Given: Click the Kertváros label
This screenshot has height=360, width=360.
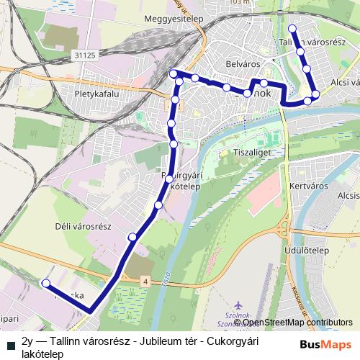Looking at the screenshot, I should coord(307,185).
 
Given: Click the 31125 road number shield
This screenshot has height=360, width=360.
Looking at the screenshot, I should coord(84,55).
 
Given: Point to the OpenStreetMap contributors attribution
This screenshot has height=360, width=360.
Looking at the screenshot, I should coord(293,323).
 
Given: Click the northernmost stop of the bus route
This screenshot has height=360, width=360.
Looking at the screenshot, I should coord(292,29).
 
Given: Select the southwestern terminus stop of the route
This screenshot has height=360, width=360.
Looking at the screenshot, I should coord(46,283).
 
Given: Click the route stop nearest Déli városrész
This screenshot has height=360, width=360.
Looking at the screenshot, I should coord(132,237).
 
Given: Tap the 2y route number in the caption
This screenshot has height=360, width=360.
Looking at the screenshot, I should coord(28,341).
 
